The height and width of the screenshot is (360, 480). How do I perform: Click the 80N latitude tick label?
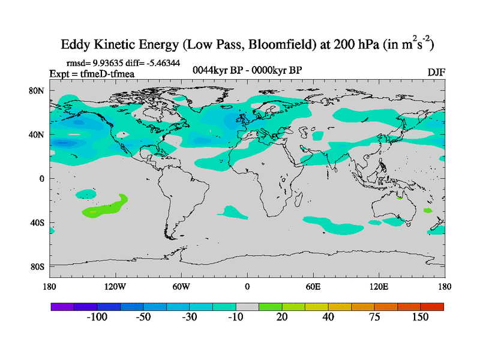tap(37, 91)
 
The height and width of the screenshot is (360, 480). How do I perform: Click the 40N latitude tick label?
tap(37, 134)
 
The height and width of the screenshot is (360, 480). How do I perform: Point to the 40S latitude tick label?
tap(37, 222)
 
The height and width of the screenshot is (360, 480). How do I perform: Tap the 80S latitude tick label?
tap(37, 266)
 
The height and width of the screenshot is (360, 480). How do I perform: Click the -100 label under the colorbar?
tap(97, 317)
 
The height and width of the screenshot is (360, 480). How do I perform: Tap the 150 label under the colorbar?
tap(419, 317)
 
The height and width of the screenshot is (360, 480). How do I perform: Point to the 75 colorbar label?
tap(374, 317)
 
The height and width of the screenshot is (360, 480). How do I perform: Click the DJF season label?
tap(436, 72)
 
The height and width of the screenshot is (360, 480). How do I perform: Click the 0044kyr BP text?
tap(218, 70)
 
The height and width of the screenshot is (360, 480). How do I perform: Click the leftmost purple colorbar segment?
tap(62, 306)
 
